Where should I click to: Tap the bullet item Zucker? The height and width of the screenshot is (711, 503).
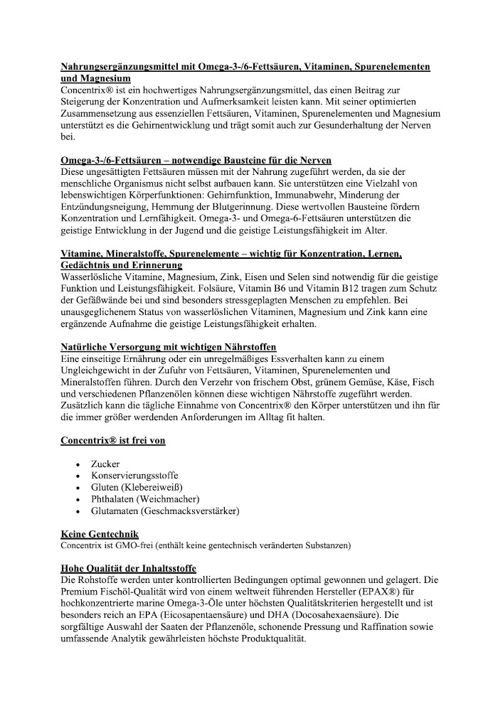click(x=105, y=464)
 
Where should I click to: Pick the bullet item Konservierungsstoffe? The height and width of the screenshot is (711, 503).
click(x=134, y=476)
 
